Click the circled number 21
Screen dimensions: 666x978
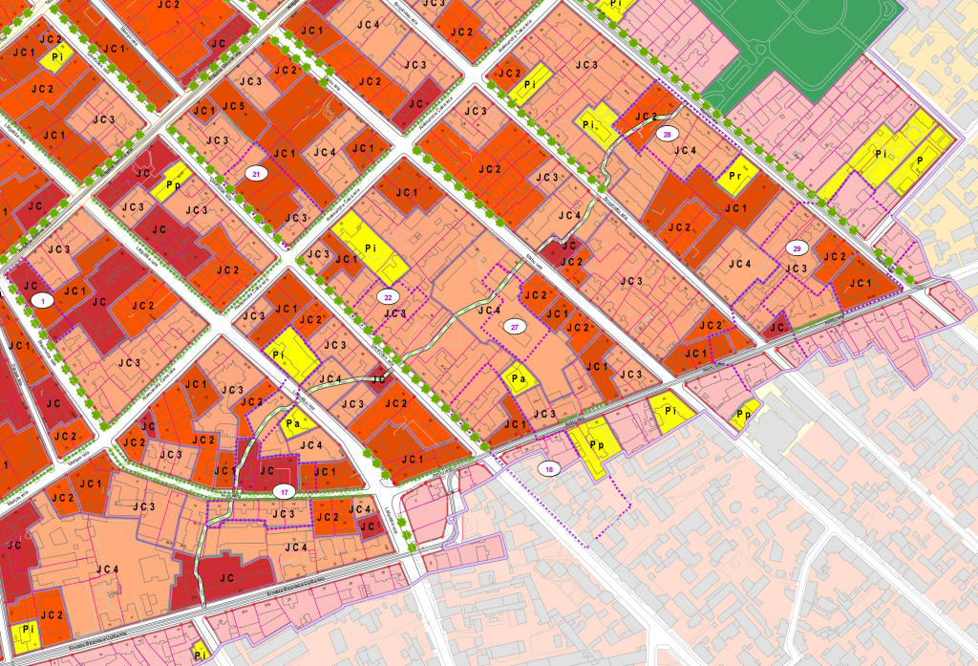255,173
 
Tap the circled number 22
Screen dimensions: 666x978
388,296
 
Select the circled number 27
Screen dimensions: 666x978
515,327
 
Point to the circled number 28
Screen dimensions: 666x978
668,135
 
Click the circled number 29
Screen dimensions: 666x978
796,247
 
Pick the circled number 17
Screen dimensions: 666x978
283,491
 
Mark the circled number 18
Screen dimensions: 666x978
548,468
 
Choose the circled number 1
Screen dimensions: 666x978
42,300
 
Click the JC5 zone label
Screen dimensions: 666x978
234,106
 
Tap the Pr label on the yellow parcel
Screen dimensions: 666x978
735,177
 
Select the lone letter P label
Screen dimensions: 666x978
920,161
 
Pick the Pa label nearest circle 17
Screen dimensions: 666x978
294,422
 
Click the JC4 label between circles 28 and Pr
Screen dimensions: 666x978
685,150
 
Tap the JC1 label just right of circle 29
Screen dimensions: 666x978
860,284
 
